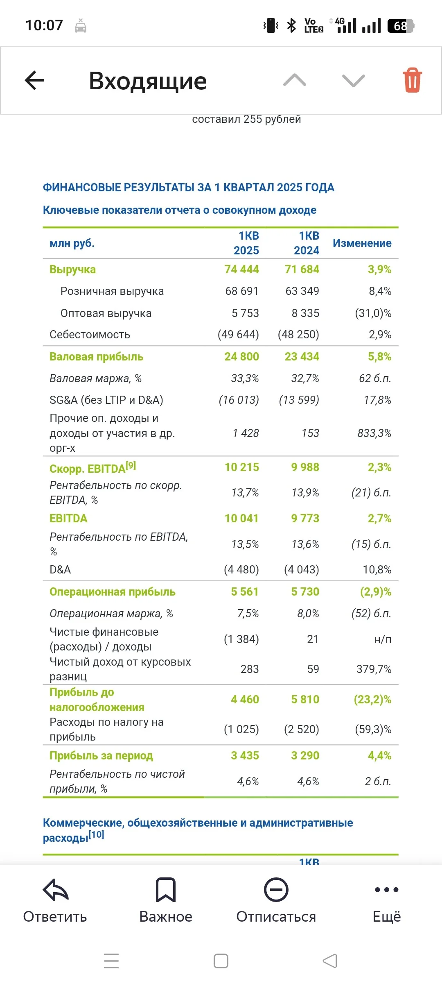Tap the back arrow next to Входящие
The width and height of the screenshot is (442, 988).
tap(34, 80)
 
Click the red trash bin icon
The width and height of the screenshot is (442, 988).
tap(412, 80)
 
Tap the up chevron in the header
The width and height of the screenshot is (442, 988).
tap(295, 80)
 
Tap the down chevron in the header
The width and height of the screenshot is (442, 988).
tap(354, 81)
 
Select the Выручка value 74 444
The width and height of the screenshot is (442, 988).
tap(241, 269)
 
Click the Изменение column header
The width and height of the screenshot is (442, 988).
tap(362, 243)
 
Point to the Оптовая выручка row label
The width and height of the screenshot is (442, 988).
tap(106, 313)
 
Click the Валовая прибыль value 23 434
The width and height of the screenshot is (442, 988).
tap(302, 356)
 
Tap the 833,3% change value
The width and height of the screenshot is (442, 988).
tap(374, 433)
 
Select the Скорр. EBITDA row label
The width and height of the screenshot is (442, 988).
tap(93, 467)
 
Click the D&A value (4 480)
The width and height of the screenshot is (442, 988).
tap(241, 569)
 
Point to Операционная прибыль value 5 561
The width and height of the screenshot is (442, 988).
tap(245, 591)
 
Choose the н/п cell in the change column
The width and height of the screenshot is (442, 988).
tap(383, 639)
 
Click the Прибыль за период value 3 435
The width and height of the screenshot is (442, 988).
tap(245, 755)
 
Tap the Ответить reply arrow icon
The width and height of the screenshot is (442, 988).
tap(55, 890)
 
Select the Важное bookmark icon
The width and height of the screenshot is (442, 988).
tap(166, 890)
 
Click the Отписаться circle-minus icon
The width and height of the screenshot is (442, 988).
tap(276, 890)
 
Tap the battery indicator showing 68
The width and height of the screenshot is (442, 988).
tap(401, 26)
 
